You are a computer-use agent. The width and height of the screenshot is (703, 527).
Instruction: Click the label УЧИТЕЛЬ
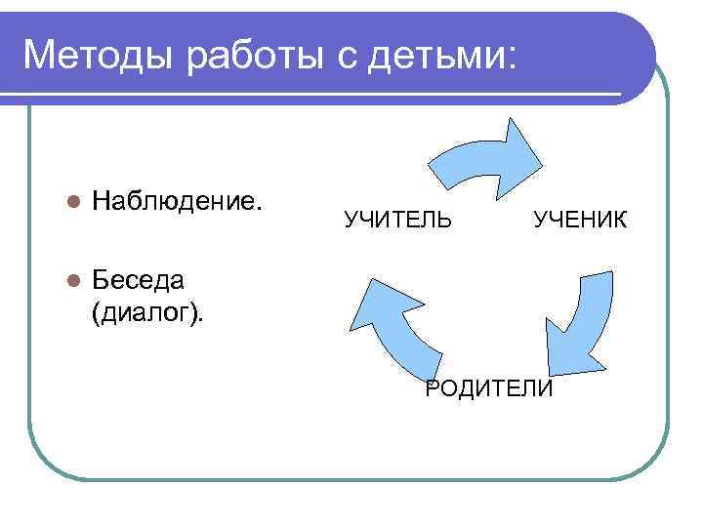coord(397,219)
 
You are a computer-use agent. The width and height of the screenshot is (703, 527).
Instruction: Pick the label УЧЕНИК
coord(580,219)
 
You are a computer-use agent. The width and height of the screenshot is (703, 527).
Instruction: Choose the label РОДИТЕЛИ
coord(489,389)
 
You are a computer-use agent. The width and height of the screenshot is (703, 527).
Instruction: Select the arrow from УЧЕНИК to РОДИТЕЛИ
coord(581,322)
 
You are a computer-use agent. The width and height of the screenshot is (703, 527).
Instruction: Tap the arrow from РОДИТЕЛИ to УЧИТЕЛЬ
coord(391,322)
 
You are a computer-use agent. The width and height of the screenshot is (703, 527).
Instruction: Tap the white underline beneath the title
coord(322,94)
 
